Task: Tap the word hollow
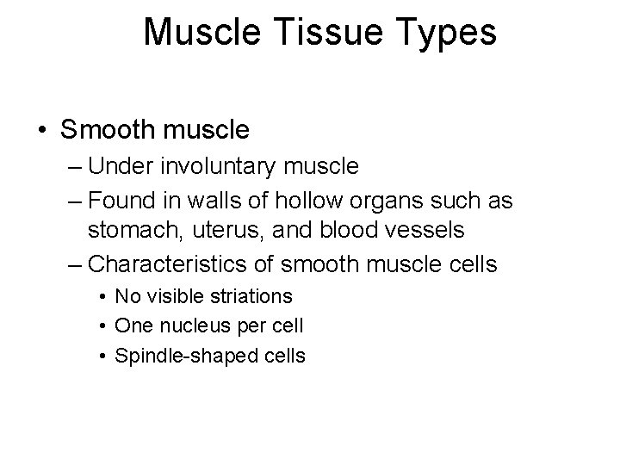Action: (313, 201)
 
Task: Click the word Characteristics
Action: (163, 263)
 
